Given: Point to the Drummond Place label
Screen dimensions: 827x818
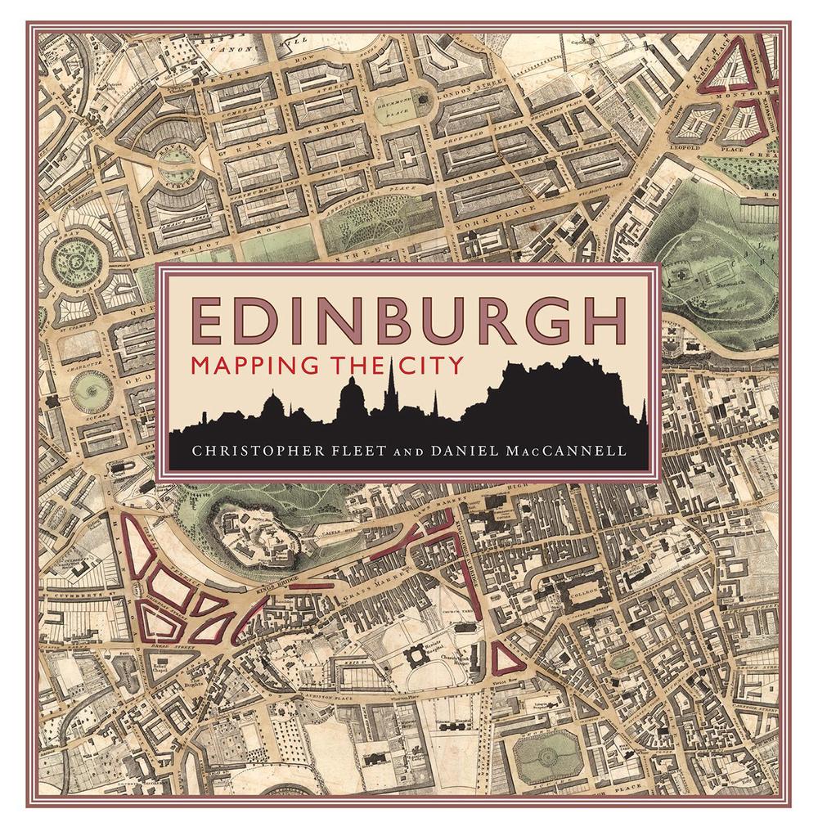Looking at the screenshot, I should tap(393, 106).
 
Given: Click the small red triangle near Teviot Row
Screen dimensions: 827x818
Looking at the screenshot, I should tap(503, 657).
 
